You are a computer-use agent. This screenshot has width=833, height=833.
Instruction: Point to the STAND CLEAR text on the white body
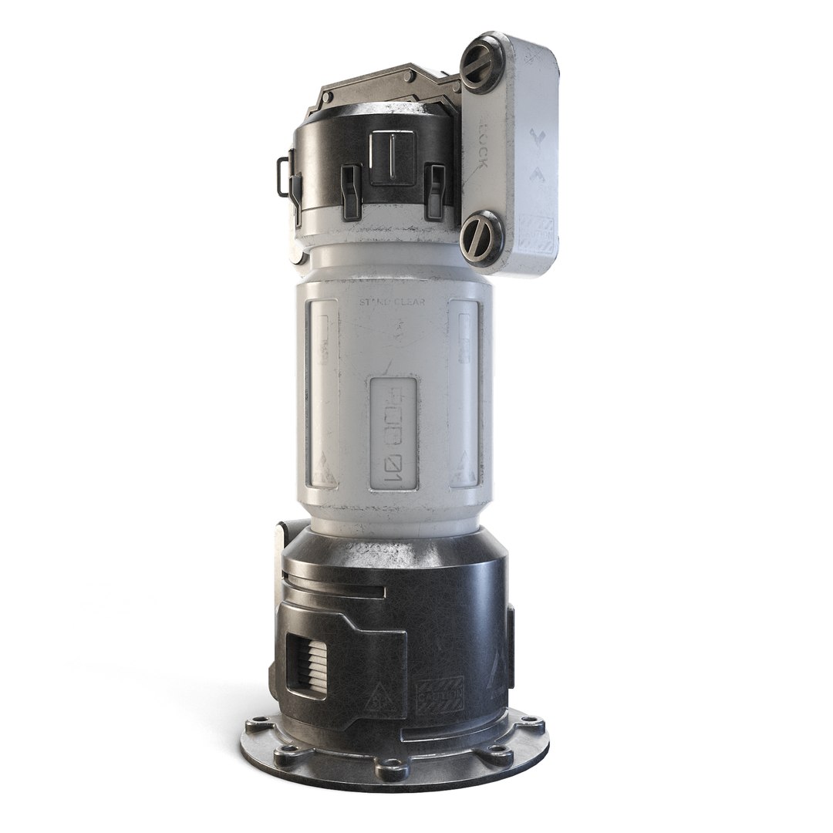click(x=391, y=303)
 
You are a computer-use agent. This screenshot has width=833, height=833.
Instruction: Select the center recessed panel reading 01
click(x=393, y=436)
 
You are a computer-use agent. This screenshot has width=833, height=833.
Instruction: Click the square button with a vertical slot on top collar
click(x=393, y=157)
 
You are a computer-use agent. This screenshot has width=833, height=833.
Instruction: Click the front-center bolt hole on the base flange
click(x=382, y=768)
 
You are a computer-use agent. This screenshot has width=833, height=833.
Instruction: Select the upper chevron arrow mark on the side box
click(x=538, y=140)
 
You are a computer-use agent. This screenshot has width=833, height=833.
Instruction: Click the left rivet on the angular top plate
click(x=327, y=98)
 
